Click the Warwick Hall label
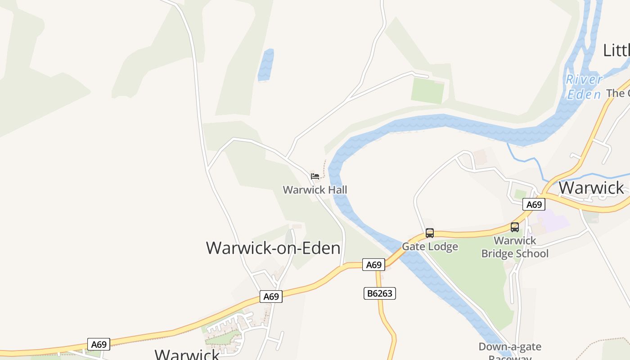point(315,190)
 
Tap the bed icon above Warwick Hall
point(315,176)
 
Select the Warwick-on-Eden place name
point(273,248)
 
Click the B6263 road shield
point(379,293)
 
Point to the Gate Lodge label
point(430,247)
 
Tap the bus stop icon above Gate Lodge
point(430,233)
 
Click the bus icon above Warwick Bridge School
point(515,227)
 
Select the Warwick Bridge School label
point(515,247)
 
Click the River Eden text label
point(584,87)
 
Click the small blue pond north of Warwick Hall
point(266,65)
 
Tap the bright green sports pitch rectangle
point(427,90)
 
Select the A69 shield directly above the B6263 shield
point(373,265)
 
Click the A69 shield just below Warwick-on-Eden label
point(271,297)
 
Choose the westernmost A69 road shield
point(99,345)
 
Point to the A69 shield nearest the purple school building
point(534,205)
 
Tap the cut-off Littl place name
point(616,50)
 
